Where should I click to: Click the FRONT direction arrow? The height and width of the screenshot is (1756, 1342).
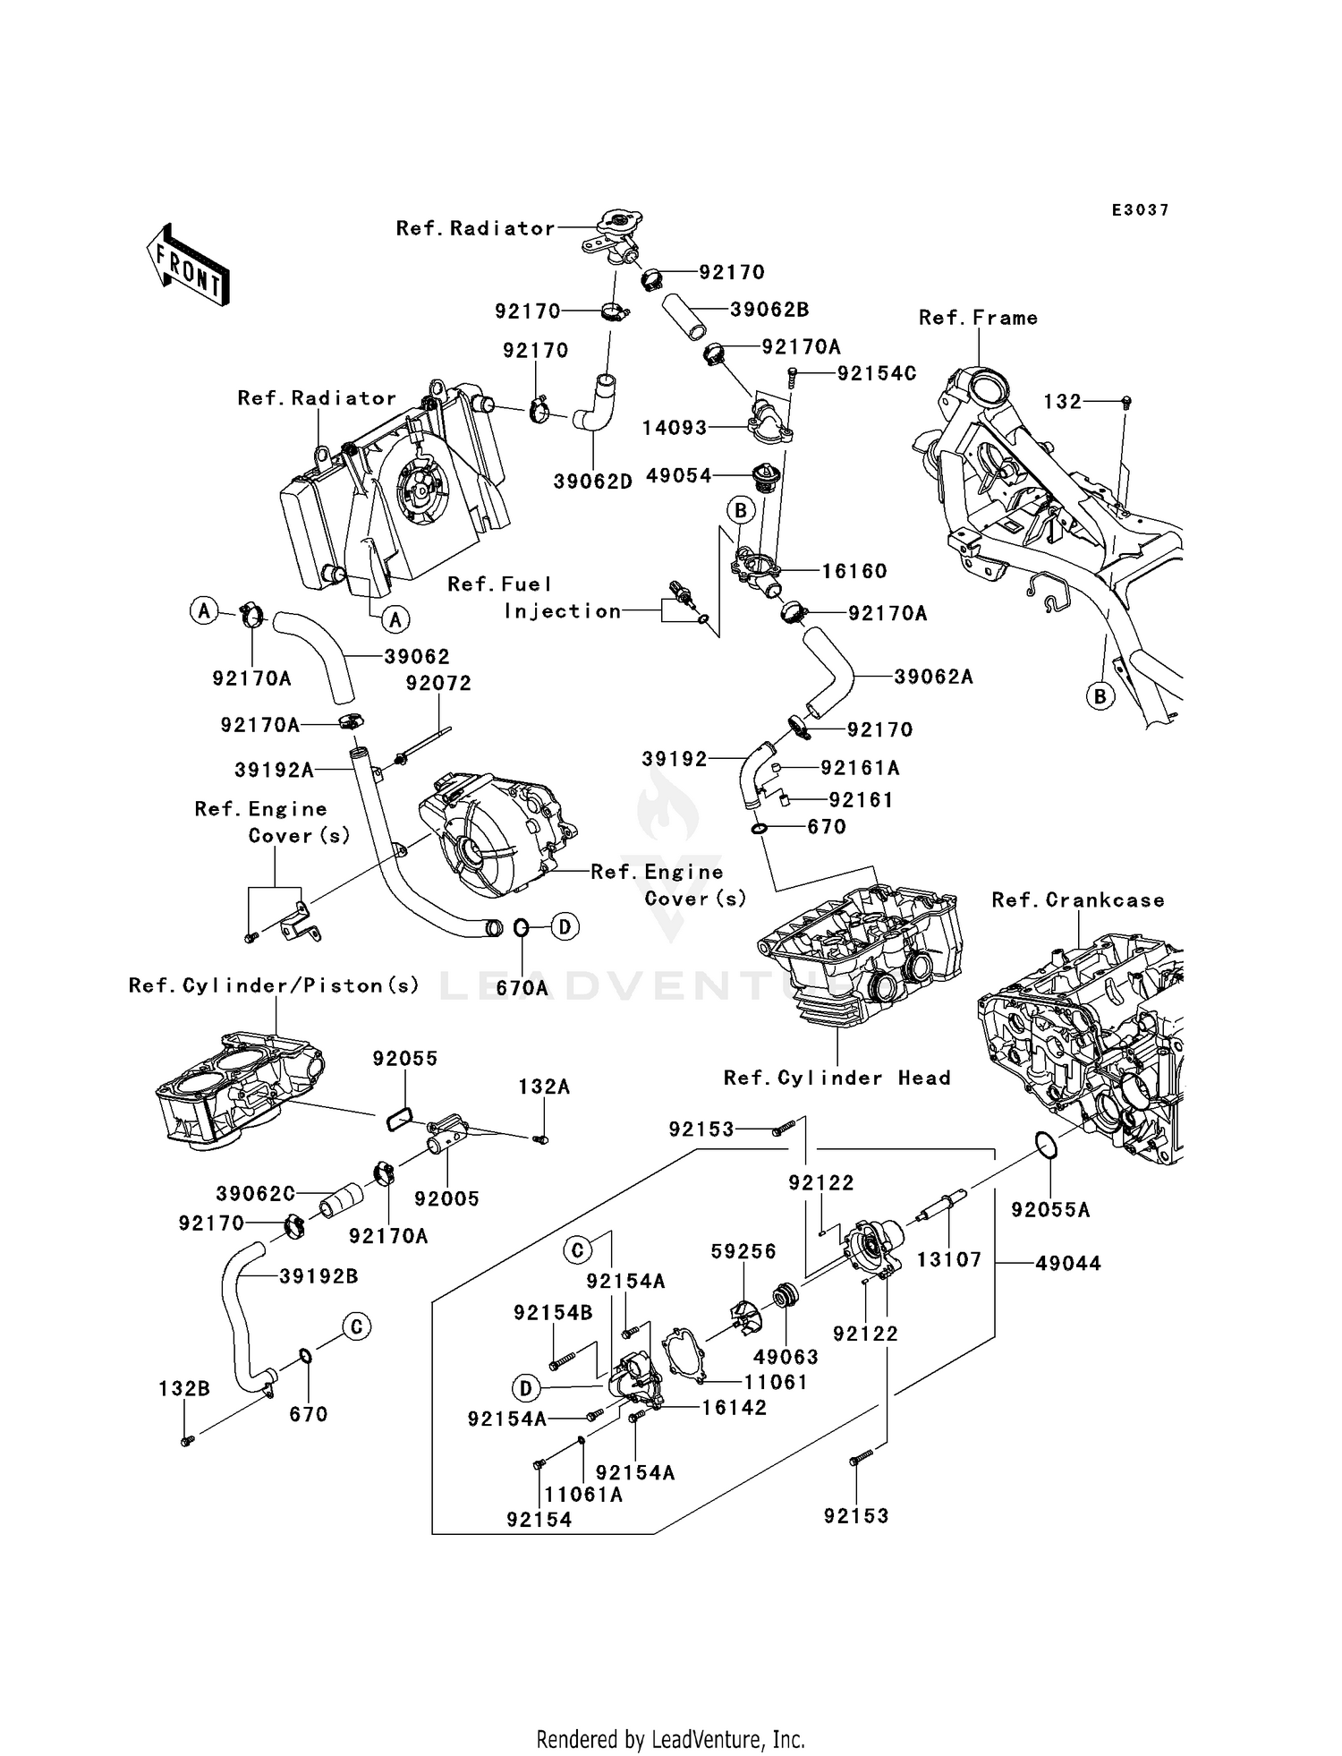click(189, 265)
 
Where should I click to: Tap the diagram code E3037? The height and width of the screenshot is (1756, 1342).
click(1140, 210)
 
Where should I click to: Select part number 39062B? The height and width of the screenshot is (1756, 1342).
click(769, 310)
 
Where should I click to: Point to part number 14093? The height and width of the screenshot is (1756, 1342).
click(675, 428)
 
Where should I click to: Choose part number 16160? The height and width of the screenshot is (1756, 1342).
click(854, 571)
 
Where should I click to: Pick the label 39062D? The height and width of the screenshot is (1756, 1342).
click(592, 482)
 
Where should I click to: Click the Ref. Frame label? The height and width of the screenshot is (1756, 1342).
click(978, 318)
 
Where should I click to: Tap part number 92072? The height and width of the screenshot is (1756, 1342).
click(438, 683)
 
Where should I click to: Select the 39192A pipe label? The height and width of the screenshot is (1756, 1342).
click(274, 770)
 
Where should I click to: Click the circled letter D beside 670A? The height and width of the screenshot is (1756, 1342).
click(565, 927)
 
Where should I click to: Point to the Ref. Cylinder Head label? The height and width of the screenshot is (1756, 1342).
click(837, 1078)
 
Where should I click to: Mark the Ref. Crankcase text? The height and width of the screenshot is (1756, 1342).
click(1078, 900)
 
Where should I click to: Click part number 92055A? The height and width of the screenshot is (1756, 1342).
click(1050, 1210)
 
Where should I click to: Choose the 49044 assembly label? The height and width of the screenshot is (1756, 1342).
click(1068, 1264)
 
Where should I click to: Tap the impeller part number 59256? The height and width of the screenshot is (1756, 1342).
click(743, 1251)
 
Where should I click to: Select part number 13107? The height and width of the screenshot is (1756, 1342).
click(949, 1260)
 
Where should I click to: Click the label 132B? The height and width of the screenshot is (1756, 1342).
click(184, 1389)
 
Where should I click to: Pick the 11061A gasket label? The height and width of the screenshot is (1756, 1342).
click(583, 1495)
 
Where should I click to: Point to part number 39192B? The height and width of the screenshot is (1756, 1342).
click(319, 1276)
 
